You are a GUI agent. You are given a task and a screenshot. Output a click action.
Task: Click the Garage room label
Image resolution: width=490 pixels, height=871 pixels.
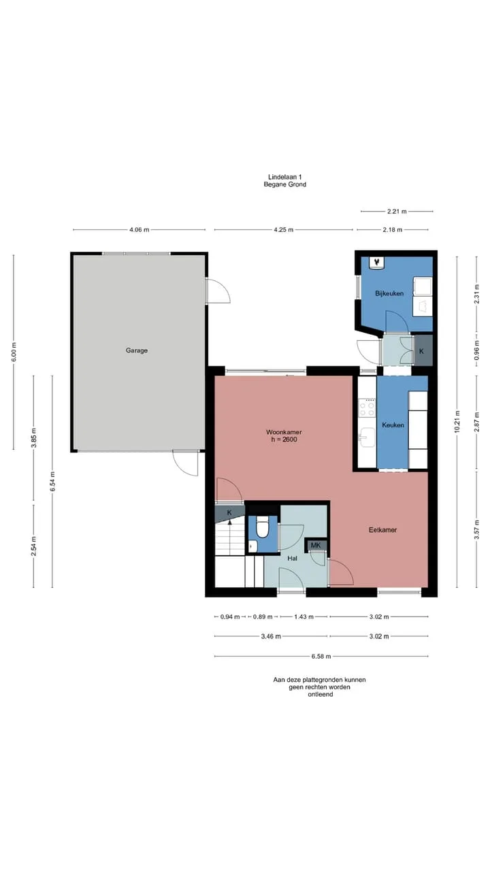[x=137, y=350]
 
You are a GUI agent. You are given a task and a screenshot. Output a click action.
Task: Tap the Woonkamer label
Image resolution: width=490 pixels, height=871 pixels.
[x=284, y=432]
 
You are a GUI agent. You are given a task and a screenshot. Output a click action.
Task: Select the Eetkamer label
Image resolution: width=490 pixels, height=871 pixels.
[x=382, y=529]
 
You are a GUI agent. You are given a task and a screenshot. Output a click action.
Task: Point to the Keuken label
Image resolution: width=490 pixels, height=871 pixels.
[x=393, y=425]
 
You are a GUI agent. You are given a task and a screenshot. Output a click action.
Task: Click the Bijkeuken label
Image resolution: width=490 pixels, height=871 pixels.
[x=389, y=293]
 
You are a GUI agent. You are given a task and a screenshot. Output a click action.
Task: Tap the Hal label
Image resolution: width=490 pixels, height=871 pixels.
[x=293, y=559]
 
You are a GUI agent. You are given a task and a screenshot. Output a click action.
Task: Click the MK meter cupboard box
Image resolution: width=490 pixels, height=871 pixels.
[x=316, y=545]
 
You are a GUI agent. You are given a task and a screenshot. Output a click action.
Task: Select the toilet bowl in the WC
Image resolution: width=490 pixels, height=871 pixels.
[x=263, y=527]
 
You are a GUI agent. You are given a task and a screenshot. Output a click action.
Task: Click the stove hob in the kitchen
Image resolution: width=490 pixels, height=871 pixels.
[x=367, y=408]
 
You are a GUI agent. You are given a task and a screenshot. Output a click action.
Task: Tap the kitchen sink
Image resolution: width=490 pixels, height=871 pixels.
[x=367, y=437]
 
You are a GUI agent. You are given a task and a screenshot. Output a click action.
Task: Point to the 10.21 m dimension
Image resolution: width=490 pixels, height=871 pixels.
[x=457, y=421]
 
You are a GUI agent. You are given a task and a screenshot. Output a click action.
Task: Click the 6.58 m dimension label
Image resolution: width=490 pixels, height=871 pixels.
[x=321, y=657]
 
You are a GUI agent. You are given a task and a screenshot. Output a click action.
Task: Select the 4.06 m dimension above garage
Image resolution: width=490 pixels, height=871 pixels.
[x=140, y=230]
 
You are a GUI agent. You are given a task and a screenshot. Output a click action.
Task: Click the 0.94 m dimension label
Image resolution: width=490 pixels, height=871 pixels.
[x=230, y=617]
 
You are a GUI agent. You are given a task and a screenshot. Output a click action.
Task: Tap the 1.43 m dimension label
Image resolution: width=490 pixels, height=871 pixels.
[x=304, y=617]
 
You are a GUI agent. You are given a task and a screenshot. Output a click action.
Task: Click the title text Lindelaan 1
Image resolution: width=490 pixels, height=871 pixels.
[x=285, y=178]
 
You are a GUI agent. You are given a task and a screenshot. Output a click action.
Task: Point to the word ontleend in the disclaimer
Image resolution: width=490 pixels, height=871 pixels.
[x=321, y=695]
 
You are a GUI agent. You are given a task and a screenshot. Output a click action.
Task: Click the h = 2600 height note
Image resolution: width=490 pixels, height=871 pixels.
[x=284, y=440]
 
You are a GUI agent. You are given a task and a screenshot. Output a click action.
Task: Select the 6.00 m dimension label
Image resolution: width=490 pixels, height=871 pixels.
[x=14, y=352]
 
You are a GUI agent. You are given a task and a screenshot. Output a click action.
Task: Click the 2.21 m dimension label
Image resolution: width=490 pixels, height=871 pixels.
[x=397, y=212]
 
